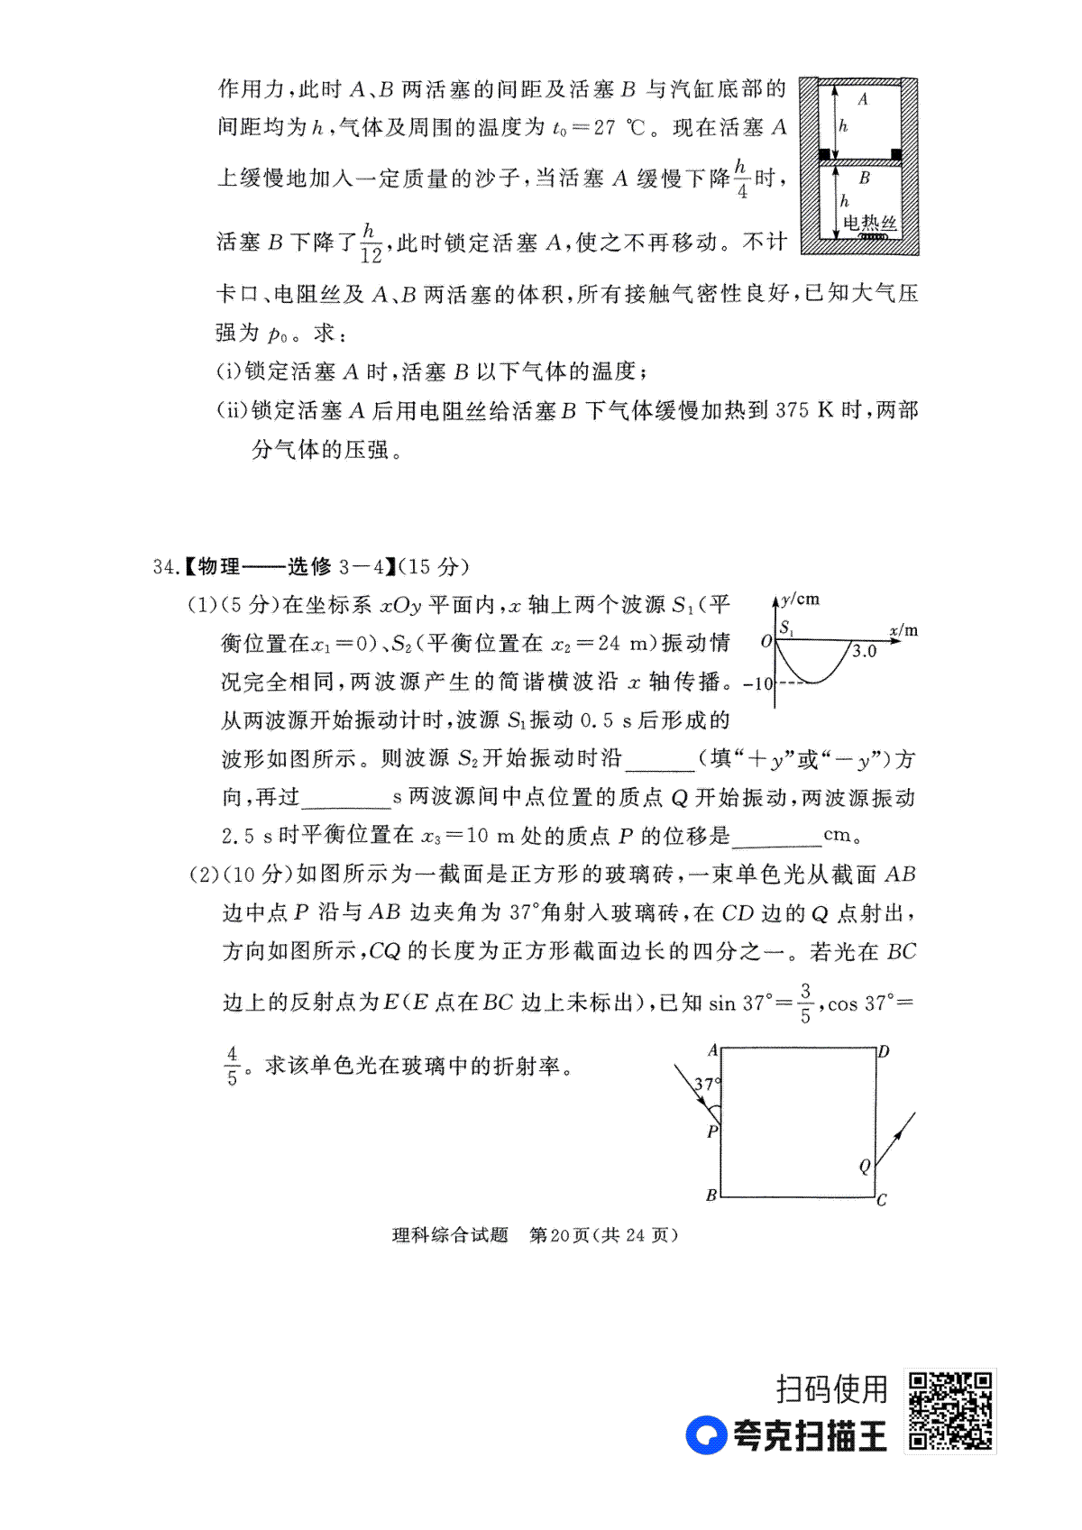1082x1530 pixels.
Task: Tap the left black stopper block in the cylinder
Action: tap(824, 154)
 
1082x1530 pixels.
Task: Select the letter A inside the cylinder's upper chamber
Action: tap(862, 99)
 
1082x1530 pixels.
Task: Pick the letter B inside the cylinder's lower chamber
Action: tap(864, 178)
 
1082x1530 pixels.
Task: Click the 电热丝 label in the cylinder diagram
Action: tap(869, 222)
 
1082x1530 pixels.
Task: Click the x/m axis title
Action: tap(903, 630)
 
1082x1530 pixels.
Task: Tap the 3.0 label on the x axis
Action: tap(864, 652)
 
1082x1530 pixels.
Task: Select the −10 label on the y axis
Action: tap(758, 683)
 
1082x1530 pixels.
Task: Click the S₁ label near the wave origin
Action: tap(786, 628)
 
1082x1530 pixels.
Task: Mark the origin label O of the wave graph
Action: tap(766, 642)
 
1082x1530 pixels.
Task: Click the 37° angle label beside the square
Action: tap(706, 1085)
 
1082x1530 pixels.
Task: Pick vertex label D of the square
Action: tap(884, 1051)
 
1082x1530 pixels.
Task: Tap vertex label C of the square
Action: tap(881, 1200)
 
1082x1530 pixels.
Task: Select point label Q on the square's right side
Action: tap(865, 1167)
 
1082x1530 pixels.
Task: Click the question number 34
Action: tap(165, 566)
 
